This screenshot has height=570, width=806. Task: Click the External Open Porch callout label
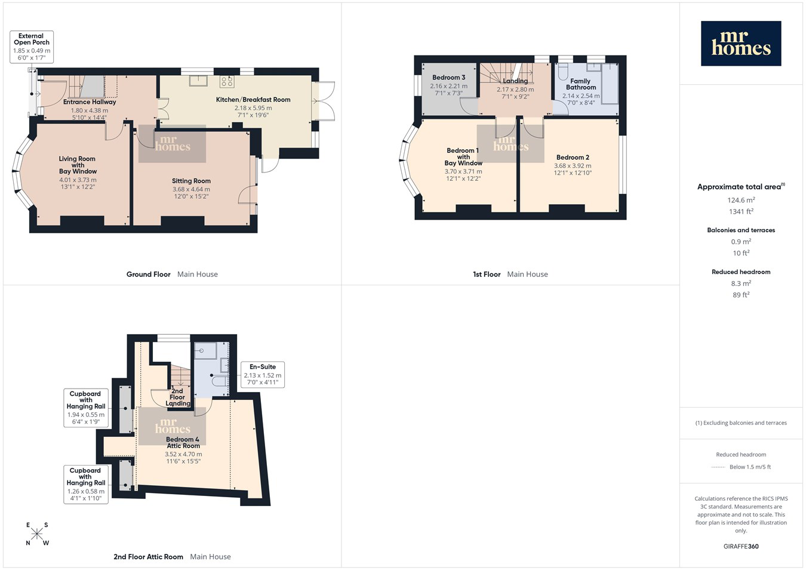pos(32,47)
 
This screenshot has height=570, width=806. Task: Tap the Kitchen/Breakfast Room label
pos(253,100)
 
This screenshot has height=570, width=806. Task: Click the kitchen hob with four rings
pos(227,82)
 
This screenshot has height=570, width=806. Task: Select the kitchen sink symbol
pos(199,81)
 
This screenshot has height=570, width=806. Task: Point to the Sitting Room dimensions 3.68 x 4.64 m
pos(191,189)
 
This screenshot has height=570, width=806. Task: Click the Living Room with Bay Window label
pos(78,165)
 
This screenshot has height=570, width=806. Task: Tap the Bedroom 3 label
pos(449,78)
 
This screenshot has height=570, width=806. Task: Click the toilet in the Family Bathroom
pos(563,72)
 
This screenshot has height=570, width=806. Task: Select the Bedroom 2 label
pos(573,157)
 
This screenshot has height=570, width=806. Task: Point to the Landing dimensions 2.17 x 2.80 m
pos(515,90)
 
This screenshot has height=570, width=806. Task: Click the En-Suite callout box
pos(263,374)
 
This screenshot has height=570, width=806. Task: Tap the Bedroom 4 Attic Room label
pos(183,443)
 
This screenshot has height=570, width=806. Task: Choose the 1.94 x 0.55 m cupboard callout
pos(86,408)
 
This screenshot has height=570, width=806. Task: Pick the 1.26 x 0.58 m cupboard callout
pos(86,485)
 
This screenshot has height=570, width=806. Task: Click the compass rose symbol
pos(36,534)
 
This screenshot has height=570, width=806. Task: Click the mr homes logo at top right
pos(741,43)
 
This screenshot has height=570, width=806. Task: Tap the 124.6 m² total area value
pos(741,200)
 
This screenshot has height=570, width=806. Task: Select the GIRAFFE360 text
pos(741,546)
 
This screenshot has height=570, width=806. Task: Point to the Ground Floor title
pos(148,275)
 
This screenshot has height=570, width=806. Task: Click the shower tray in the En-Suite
pos(205,350)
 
